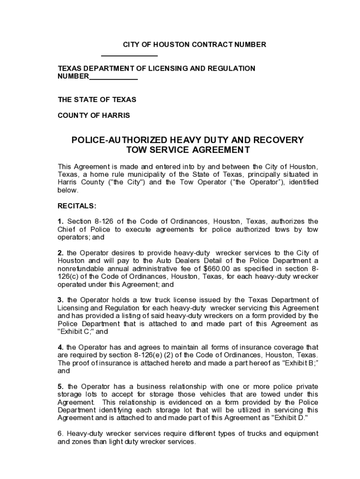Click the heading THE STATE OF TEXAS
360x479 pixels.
[97, 100]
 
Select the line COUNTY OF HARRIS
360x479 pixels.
[94, 115]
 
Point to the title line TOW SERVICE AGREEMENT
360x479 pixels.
[188, 150]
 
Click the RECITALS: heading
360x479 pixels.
[77, 205]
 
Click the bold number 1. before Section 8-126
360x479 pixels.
[60, 221]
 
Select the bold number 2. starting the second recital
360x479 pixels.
[60, 253]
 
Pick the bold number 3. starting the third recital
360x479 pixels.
[60, 300]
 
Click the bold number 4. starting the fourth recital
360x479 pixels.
[60, 347]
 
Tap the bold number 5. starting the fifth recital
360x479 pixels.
[60, 386]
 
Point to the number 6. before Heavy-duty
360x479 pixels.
[60, 434]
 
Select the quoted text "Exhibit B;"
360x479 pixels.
[289, 363]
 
